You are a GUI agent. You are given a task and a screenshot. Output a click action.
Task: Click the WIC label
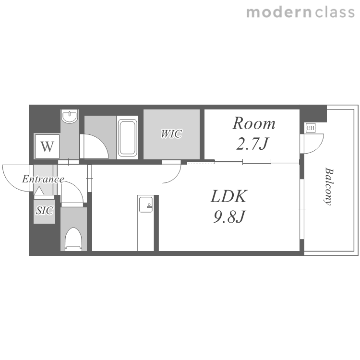(x=171, y=134)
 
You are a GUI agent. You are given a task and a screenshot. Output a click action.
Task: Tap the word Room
(x=254, y=123)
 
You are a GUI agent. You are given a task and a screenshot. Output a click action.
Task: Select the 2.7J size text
(x=252, y=144)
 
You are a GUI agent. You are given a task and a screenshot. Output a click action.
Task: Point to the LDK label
(x=228, y=196)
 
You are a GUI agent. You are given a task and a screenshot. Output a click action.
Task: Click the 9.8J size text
(x=229, y=216)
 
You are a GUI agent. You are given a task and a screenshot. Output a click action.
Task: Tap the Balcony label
(x=329, y=187)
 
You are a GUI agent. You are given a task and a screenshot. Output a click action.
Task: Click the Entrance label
(x=43, y=179)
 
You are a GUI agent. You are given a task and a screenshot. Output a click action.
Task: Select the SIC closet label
(x=45, y=210)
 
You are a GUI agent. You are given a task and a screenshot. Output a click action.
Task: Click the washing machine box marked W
(x=48, y=146)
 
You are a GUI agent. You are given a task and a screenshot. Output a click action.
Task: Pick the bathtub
(x=127, y=137)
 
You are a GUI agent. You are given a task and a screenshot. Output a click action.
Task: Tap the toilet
(x=73, y=239)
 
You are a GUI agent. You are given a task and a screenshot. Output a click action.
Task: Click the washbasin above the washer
(x=70, y=117)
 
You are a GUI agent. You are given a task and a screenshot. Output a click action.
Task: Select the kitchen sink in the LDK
(x=145, y=204)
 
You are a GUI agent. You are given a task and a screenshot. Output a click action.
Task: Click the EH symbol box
(x=311, y=128)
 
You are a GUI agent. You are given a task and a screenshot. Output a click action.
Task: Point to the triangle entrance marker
(x=39, y=191)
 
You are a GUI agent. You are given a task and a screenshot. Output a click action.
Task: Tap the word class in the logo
(x=335, y=12)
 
